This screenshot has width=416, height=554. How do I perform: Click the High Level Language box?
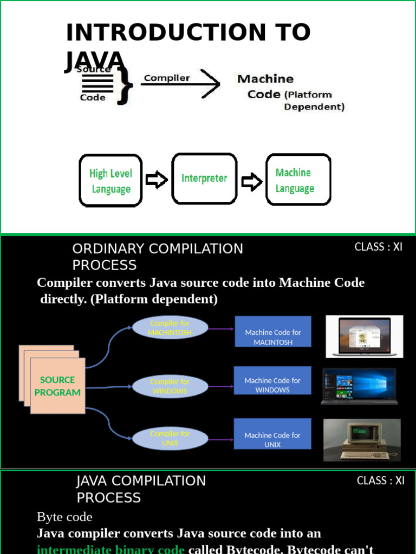[111, 181]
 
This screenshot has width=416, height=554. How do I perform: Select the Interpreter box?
[204, 178]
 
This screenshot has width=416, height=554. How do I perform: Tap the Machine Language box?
[298, 180]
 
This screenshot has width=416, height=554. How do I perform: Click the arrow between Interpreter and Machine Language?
[251, 182]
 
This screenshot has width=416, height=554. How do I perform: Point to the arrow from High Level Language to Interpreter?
[157, 180]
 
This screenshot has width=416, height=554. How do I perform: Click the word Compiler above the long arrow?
[167, 78]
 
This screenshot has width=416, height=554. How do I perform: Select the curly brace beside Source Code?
[126, 83]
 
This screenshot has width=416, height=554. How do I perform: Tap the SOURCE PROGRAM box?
[57, 386]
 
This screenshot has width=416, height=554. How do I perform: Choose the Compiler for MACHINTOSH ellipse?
[170, 328]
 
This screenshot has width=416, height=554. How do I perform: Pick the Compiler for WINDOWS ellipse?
[170, 386]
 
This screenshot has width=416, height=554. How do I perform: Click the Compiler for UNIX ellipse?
[170, 438]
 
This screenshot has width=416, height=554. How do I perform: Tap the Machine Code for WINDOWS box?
[272, 385]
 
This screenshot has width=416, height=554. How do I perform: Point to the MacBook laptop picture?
[364, 337]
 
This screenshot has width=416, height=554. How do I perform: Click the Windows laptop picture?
[359, 386]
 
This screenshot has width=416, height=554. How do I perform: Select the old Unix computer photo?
[362, 439]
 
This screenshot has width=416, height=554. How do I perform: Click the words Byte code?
[64, 517]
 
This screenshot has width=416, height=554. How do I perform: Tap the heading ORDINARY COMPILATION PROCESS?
[158, 256]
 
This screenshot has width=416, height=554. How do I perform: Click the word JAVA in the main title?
[95, 61]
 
